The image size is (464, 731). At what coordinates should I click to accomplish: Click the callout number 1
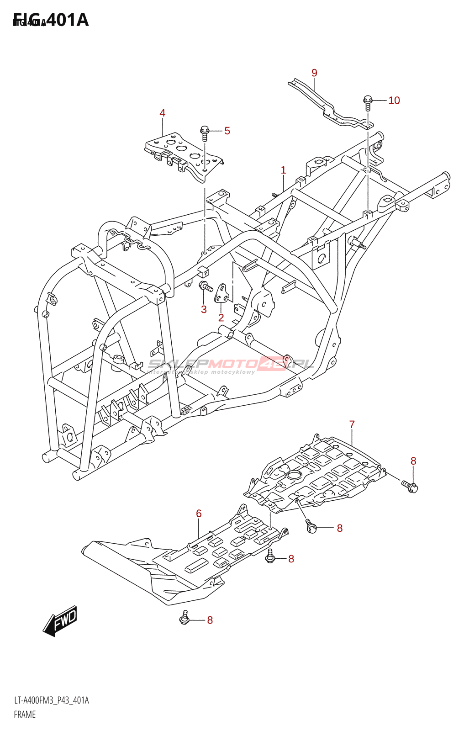pos(283,170)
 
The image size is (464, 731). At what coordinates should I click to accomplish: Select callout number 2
pos(221,318)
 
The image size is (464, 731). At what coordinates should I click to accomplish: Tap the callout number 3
pos(204,309)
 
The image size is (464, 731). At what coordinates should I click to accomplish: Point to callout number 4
pos(162,113)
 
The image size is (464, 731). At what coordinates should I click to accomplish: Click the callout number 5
pos(227,131)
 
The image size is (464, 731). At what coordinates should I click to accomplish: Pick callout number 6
pos(199,514)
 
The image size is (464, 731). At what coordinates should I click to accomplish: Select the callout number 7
pos(352,424)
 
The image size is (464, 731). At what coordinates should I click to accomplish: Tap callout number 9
pos(314,73)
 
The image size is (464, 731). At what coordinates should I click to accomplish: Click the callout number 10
pos(394,101)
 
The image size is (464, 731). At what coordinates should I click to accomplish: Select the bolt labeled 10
pos(368,101)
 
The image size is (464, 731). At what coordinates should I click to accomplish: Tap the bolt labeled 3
pos(205,287)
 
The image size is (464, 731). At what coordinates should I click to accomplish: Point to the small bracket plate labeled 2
pos(222,293)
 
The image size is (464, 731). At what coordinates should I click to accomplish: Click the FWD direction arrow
pos(60,621)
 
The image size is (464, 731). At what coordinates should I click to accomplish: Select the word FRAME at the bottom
pos(25,715)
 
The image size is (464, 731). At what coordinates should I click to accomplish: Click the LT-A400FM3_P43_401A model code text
pos(51,700)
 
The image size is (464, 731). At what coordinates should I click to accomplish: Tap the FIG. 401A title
pos(51,20)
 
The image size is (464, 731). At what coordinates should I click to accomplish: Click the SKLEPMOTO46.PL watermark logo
pos(231,365)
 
